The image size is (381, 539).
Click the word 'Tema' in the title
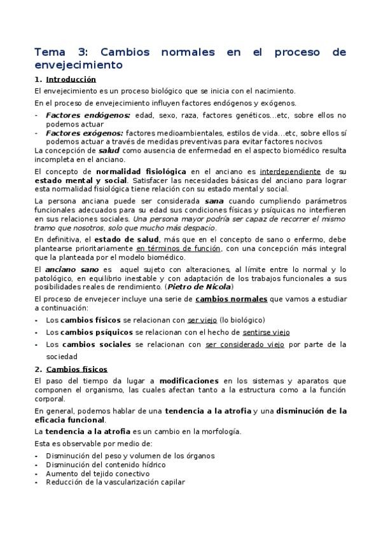pos(48,51)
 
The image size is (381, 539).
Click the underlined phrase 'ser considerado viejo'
pos(246,344)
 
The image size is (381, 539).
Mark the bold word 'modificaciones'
pos(188,381)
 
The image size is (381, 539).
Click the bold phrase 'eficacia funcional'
pos(70,420)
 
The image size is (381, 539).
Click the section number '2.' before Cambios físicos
pos(38,369)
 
